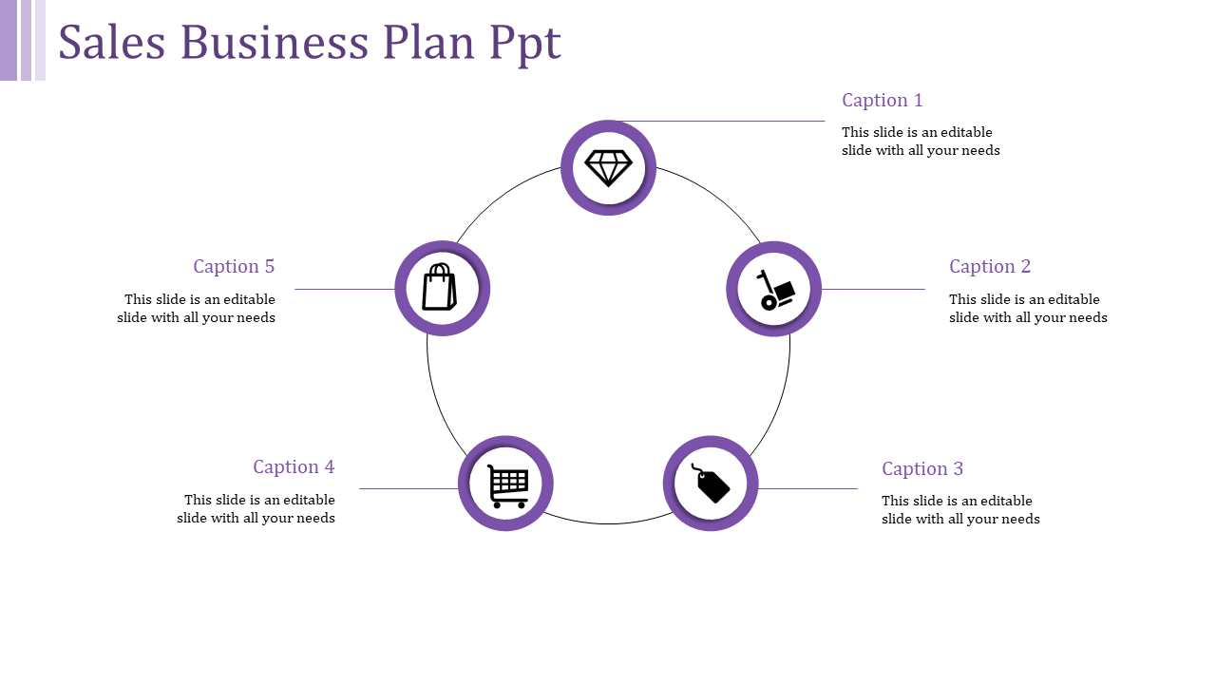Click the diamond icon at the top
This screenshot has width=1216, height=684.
[x=608, y=168]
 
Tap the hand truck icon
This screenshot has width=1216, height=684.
[x=774, y=289]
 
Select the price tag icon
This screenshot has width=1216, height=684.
[x=711, y=484]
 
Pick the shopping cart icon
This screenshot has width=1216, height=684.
[x=506, y=484]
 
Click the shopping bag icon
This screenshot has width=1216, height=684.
[x=440, y=288]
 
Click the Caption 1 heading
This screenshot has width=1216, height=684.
[x=882, y=100]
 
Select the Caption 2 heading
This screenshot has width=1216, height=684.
[x=989, y=266]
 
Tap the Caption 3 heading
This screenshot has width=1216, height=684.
[x=921, y=468]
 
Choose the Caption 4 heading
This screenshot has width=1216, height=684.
[x=294, y=466]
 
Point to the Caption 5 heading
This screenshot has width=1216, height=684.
[x=234, y=266]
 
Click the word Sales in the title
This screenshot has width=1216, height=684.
[x=111, y=43]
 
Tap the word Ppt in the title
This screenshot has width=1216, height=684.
[x=525, y=45]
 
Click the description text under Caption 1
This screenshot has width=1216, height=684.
[x=920, y=142]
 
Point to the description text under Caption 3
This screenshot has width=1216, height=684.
[x=959, y=510]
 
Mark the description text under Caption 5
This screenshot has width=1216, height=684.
[x=197, y=309]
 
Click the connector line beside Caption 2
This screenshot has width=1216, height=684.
[x=873, y=289]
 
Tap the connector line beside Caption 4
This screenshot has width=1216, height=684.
[x=408, y=488]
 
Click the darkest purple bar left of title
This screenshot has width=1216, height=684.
[x=9, y=40]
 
